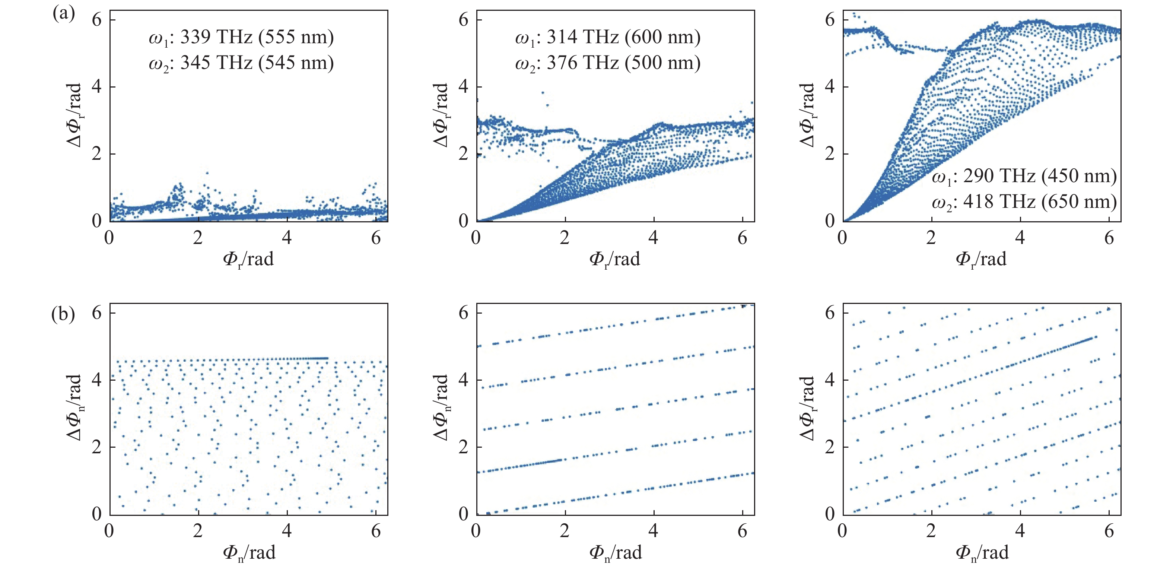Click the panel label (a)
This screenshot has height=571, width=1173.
click(64, 14)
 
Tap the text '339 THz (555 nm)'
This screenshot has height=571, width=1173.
click(257, 37)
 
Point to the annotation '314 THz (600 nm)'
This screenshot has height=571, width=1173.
click(623, 37)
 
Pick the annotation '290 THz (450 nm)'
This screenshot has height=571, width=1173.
click(1040, 176)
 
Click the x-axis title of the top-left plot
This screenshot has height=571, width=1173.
click(248, 260)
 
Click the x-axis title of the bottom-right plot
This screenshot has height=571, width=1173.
click(982, 553)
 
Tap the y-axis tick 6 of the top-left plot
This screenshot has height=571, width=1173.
click(96, 20)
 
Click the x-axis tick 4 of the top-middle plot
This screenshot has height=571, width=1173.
click(654, 237)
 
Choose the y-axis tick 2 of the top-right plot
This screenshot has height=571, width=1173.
click(830, 154)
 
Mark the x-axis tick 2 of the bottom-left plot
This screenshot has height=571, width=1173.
click(198, 530)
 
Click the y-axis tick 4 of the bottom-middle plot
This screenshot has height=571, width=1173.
click(464, 380)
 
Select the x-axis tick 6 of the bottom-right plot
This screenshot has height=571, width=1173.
click(1109, 530)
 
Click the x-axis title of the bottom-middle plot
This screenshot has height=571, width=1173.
click(615, 553)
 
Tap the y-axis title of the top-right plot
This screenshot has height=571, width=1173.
click(807, 115)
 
